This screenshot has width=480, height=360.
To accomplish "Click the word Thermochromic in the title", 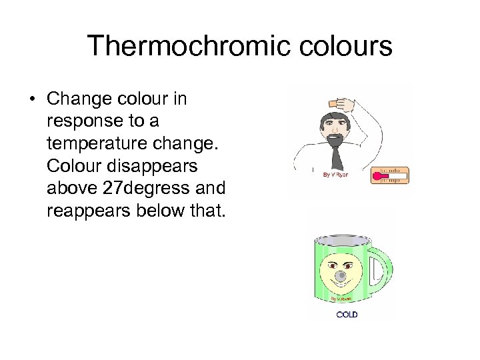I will coord(175,46).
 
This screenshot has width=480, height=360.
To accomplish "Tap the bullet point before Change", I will coord(31,99).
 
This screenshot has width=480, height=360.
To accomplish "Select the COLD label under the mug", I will coord(347,314).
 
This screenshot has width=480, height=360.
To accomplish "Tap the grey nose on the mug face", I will coord(342,275).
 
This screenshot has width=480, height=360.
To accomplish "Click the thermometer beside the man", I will coord(389,175).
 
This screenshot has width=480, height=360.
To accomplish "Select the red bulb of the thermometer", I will coord(377,177).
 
